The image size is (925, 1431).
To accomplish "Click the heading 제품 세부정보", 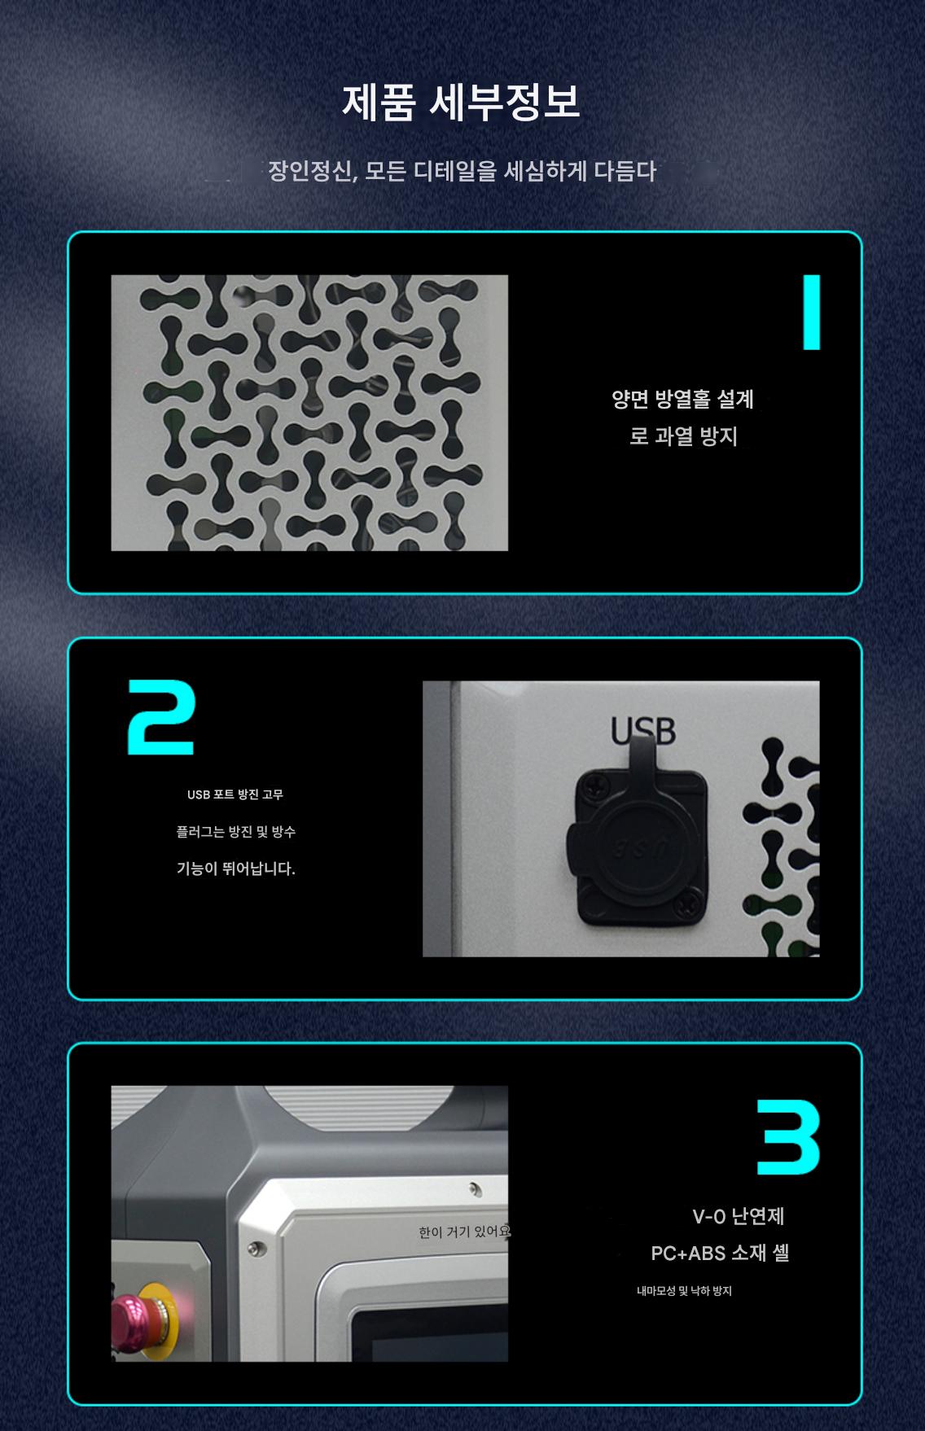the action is [461, 103].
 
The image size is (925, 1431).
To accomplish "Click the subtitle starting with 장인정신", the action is [463, 172].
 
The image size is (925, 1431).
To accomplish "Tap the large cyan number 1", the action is [811, 312].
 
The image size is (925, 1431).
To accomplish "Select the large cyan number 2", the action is [161, 717].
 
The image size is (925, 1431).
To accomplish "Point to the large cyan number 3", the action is [788, 1137].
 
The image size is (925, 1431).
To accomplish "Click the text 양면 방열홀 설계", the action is [683, 399].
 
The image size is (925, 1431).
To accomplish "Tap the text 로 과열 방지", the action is [683, 436].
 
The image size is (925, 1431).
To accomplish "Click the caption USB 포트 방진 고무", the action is [235, 794].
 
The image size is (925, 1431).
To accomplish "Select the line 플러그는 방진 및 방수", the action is [236, 832].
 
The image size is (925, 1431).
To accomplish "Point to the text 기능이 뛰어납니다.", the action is [236, 869].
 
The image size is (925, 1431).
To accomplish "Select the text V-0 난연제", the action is [739, 1216].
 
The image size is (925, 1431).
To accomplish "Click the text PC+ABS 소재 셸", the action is [720, 1253].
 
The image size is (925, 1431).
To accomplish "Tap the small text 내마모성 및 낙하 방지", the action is [684, 1291].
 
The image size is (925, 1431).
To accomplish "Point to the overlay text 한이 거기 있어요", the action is [464, 1232].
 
